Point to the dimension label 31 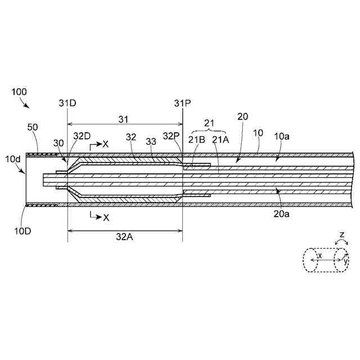pos(123,119)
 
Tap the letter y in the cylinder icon pos(346,260)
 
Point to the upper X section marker pos(105,145)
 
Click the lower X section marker pos(105,217)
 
